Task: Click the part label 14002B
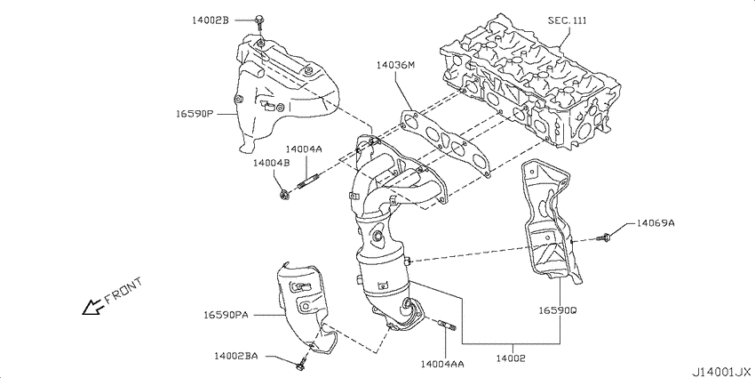pos(211,20)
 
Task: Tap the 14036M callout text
pos(395,64)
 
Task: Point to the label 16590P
pos(194,114)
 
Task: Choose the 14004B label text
pos(271,163)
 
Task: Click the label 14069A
pos(656,222)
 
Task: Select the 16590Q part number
pos(558,310)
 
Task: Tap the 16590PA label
pos(226,315)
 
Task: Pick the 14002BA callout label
pos(236,356)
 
